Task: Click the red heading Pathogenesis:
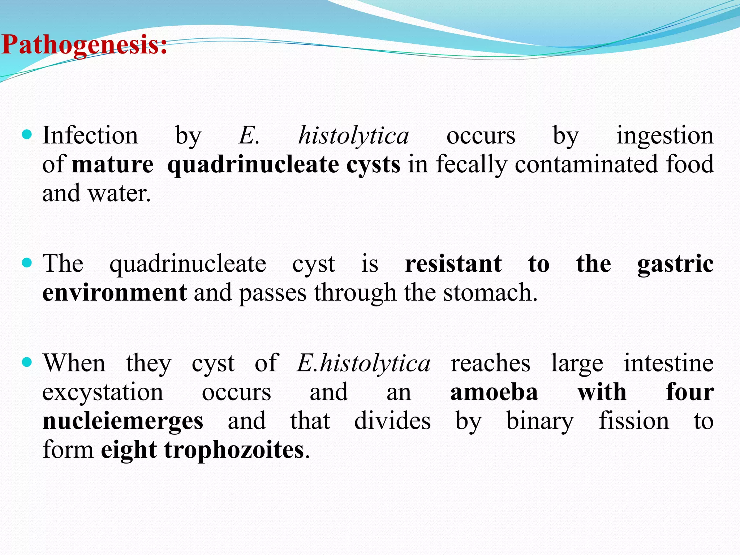84,45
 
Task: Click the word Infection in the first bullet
90,135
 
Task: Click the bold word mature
113,165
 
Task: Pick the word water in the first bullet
119,193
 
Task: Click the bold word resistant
453,263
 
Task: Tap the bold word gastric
675,264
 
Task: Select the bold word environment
115,292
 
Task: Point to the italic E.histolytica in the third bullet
363,363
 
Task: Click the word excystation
103,392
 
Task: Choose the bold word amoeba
494,392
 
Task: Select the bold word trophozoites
234,450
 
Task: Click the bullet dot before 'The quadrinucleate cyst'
27,262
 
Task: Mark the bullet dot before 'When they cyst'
27,362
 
